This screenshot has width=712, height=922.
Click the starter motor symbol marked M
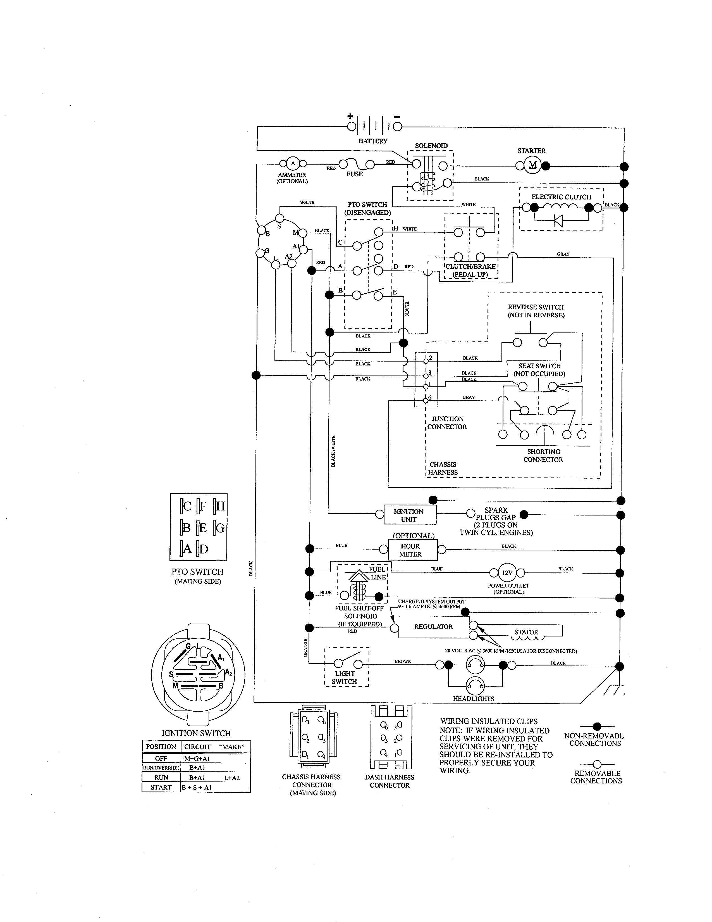click(533, 165)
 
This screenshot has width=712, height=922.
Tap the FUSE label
click(354, 174)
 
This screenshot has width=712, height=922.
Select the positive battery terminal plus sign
click(350, 116)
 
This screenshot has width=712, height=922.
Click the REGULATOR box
click(433, 626)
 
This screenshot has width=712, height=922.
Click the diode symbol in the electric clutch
click(558, 220)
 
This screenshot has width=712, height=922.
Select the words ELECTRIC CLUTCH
click(561, 197)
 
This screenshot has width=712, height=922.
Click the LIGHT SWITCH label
click(344, 677)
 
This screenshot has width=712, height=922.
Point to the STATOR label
click(526, 632)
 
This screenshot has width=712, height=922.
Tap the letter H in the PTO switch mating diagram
click(220, 506)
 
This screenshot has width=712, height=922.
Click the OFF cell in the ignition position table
click(161, 758)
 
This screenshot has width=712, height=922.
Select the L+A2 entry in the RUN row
click(232, 778)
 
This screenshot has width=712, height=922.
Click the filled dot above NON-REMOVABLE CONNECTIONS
click(597, 726)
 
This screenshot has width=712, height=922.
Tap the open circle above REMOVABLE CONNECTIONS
click(597, 764)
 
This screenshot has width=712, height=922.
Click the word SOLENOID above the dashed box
click(431, 146)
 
